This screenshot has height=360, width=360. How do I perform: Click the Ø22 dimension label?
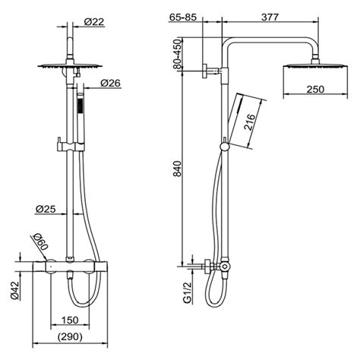point(93,22)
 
